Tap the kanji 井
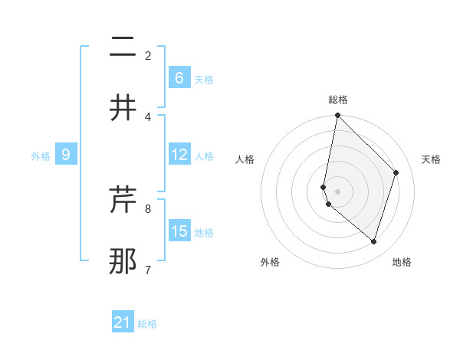[123, 107]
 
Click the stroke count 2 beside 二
[148, 56]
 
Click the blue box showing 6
[179, 78]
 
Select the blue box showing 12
[179, 155]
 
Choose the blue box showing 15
[179, 231]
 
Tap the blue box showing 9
[66, 155]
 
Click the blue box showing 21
[123, 322]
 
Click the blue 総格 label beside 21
[147, 324]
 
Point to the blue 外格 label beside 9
[41, 156]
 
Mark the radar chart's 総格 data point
[337, 116]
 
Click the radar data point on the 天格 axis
[396, 172]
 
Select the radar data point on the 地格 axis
[374, 242]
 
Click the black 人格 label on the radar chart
[245, 159]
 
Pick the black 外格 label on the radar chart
[270, 263]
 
